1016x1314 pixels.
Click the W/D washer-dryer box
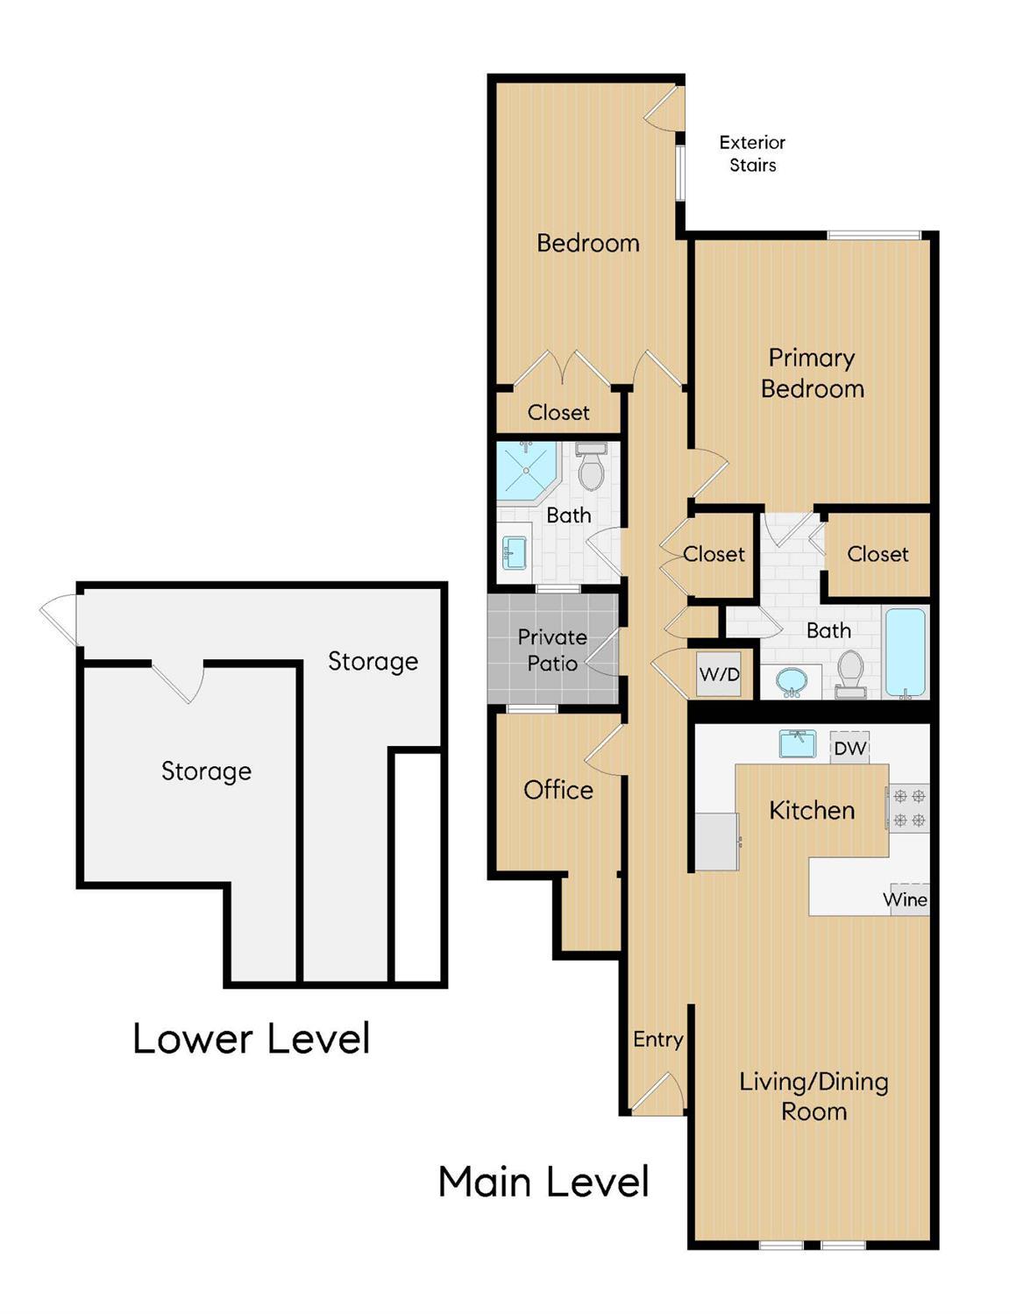(719, 673)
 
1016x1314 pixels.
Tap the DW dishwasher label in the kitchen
(850, 748)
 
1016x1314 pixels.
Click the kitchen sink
(798, 743)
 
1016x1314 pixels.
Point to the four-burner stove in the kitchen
(909, 808)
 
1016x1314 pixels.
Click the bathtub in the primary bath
(906, 653)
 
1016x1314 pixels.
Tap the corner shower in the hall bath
(526, 472)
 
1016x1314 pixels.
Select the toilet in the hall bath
(590, 466)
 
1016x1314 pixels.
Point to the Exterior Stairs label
(752, 153)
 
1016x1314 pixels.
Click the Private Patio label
(552, 650)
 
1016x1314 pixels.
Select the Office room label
(558, 790)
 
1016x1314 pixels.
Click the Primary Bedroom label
(813, 373)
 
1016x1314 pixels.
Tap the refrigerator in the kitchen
(717, 842)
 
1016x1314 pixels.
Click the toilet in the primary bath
(850, 674)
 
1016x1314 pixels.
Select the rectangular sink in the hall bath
(514, 552)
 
